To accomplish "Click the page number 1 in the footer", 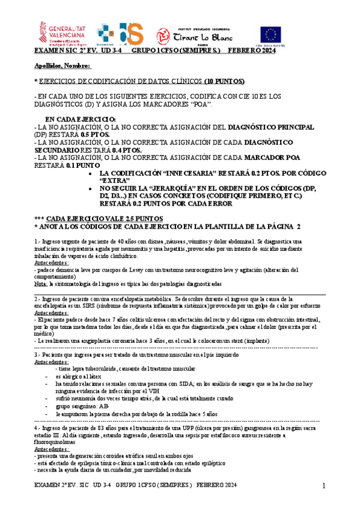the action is [x=323, y=485].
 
